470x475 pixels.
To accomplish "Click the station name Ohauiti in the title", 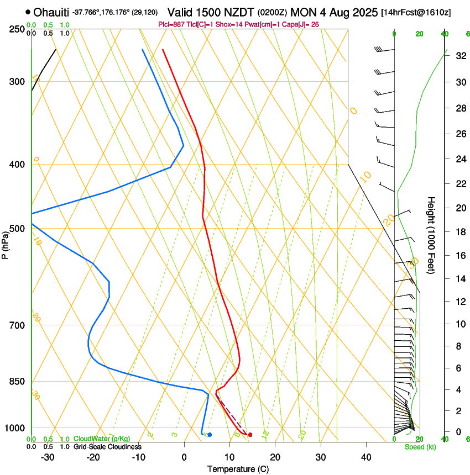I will tap(51, 12).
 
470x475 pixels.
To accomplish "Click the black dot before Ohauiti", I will tap(28, 12).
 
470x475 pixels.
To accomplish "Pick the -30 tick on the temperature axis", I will tap(48, 457).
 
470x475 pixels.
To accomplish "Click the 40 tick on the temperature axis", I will tap(365, 457).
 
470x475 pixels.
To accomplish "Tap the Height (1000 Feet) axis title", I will tap(431, 235).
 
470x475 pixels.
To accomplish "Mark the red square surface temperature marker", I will tap(250, 435).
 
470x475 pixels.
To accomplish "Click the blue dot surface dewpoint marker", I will tap(210, 435).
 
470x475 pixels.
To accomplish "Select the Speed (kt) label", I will tap(420, 447).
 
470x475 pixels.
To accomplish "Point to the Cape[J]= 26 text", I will tap(302, 24).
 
